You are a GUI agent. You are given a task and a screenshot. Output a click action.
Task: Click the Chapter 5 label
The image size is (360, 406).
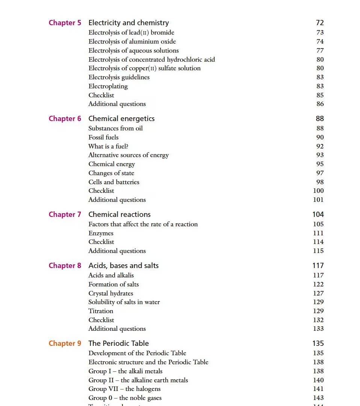coord(65,23)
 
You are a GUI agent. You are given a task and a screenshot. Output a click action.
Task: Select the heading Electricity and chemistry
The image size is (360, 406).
coord(129,23)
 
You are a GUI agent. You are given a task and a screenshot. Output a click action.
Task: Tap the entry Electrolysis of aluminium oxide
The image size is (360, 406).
coord(132,42)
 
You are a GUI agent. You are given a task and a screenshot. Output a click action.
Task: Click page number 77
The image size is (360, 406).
coord(320,50)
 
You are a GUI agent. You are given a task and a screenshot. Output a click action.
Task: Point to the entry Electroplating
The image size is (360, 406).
coord(108,86)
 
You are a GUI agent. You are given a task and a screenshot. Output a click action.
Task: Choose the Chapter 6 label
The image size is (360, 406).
coord(65,119)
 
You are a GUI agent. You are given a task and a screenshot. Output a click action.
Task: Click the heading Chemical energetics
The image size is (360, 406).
coord(121,119)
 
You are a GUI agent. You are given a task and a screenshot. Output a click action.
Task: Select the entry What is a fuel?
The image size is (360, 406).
coord(108,146)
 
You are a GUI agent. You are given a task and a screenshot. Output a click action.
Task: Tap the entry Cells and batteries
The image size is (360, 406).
coord(113,182)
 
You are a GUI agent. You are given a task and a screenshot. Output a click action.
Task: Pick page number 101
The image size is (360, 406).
coord(318,200)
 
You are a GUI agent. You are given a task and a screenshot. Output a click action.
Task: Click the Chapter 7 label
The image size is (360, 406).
coord(65,215)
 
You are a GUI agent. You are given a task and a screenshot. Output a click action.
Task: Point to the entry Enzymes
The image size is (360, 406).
coord(101,233)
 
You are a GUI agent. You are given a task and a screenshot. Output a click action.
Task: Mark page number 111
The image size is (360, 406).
coord(318,233)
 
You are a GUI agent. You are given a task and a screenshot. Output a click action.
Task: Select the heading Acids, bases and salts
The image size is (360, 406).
coord(123,266)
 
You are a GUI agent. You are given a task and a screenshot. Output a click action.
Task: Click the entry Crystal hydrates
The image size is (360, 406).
coord(110,293)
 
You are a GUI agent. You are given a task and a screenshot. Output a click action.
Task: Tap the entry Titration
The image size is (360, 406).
coord(101,311)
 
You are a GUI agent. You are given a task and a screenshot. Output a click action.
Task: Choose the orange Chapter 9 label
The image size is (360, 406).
coord(65,344)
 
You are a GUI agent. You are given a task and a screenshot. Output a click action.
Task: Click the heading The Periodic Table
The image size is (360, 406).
coord(118,344)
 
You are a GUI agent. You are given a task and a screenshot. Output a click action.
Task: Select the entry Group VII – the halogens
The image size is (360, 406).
coord(124,389)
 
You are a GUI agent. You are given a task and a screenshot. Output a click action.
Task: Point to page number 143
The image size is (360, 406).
coord(318,398)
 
